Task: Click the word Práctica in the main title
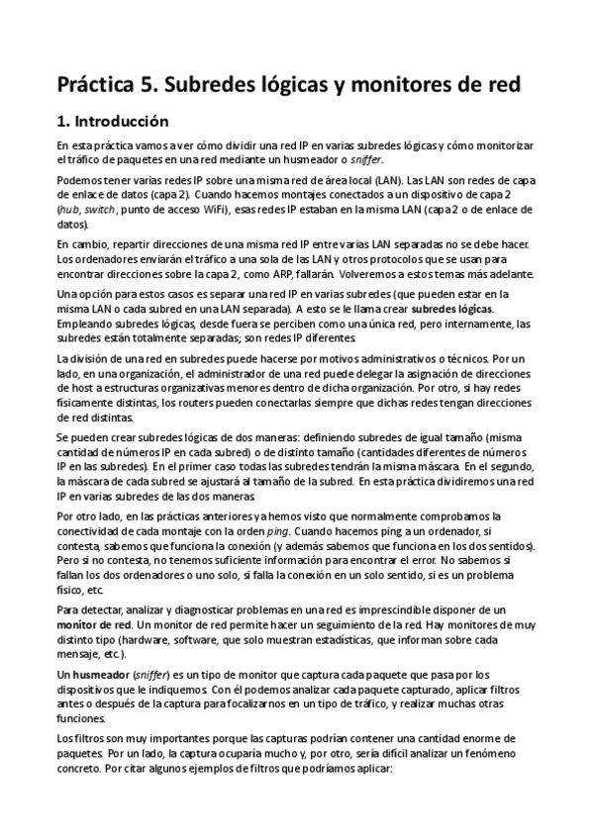coord(96,84)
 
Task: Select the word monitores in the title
coord(379,84)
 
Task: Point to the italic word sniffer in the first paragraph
coord(364,159)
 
